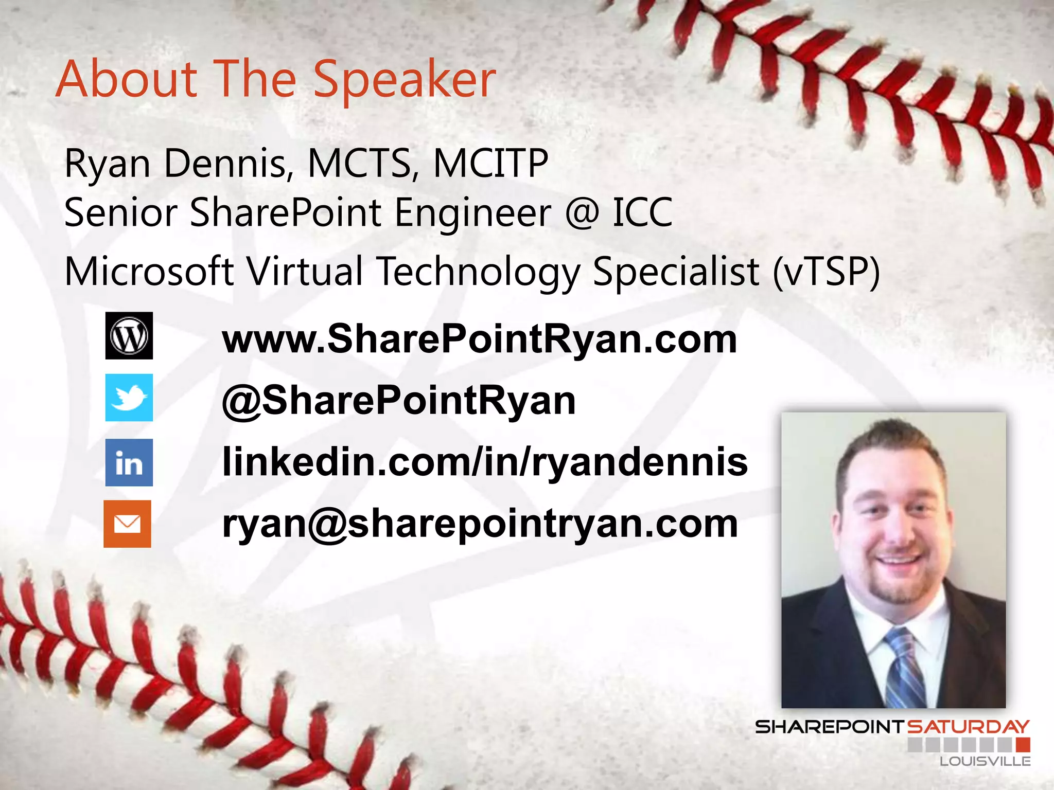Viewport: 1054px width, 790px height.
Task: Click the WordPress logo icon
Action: [x=129, y=335]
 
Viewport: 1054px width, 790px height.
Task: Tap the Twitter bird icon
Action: [x=129, y=398]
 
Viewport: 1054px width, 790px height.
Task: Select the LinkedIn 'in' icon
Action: [x=129, y=462]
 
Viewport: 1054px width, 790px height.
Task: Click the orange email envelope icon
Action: [x=128, y=524]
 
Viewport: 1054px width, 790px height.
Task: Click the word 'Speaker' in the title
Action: [x=405, y=80]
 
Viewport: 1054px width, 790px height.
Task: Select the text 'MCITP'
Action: [x=490, y=164]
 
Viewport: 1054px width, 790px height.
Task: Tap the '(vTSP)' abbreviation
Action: [x=827, y=272]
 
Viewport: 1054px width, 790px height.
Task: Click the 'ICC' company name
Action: [x=642, y=212]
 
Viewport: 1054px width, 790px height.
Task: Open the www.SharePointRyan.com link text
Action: [x=480, y=339]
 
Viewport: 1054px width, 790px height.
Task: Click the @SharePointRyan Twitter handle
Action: [x=399, y=401]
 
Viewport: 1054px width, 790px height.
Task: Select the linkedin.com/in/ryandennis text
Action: [x=485, y=461]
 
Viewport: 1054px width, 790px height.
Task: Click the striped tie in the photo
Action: [x=904, y=669]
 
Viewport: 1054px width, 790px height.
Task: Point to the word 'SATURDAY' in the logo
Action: [x=968, y=727]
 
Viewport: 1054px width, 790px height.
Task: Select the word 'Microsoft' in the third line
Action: [x=149, y=272]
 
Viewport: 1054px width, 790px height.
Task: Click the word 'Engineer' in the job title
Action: [x=473, y=212]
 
